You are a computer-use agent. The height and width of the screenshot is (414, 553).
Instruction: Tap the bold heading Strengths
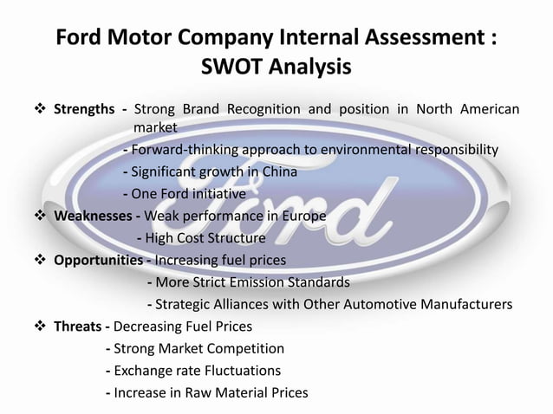click(x=84, y=109)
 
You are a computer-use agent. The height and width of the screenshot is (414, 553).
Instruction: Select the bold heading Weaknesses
click(x=88, y=215)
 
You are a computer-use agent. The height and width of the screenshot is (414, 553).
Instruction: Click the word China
click(x=276, y=171)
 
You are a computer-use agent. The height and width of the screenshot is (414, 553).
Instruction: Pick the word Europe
click(x=303, y=215)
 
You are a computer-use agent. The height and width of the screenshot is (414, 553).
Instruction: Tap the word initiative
click(x=214, y=193)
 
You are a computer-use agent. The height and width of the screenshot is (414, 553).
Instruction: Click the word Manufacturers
click(x=461, y=304)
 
